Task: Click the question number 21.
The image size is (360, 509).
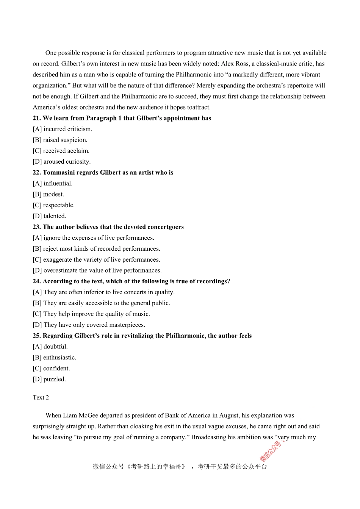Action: click(37, 118)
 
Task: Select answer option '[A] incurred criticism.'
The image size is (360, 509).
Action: click(62, 129)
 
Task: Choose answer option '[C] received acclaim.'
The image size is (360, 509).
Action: click(61, 151)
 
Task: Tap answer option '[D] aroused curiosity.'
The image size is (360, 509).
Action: click(61, 162)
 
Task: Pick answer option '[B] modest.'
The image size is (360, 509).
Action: click(48, 194)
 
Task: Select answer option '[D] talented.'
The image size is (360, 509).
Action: click(49, 216)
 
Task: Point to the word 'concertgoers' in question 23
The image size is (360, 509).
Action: click(164, 227)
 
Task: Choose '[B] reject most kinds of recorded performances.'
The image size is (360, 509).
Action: click(96, 249)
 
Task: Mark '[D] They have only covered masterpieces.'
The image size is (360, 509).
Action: click(89, 325)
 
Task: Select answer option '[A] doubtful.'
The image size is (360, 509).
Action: click(50, 347)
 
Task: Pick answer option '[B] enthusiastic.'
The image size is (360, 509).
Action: click(54, 358)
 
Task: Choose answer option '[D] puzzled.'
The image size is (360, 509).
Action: click(49, 379)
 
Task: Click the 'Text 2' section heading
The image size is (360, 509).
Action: click(41, 398)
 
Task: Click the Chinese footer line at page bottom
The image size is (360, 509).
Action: click(180, 467)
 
